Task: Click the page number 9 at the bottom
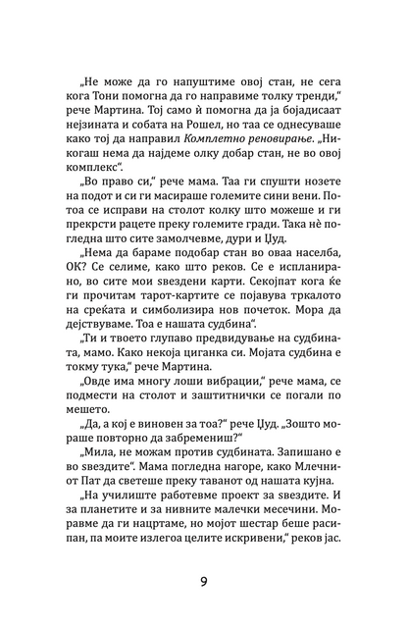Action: [203, 580]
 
